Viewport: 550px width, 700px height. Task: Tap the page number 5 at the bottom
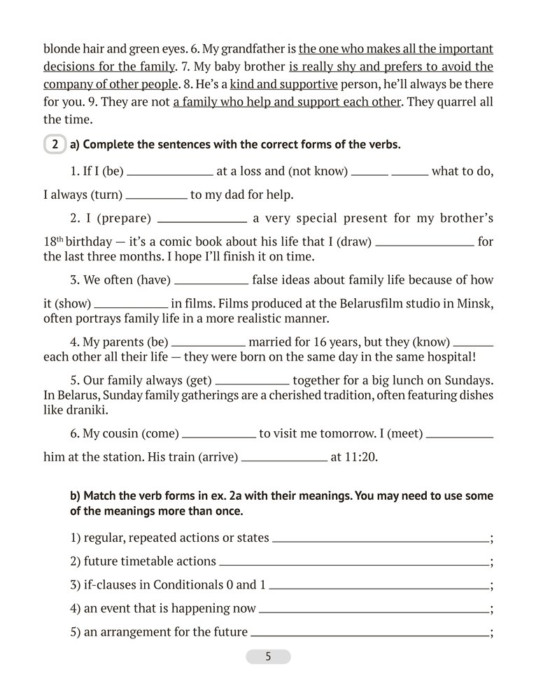(x=268, y=657)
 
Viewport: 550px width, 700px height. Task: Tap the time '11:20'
(x=360, y=458)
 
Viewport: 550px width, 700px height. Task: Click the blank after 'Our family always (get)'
(x=252, y=383)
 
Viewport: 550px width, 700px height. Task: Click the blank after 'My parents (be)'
(x=208, y=345)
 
